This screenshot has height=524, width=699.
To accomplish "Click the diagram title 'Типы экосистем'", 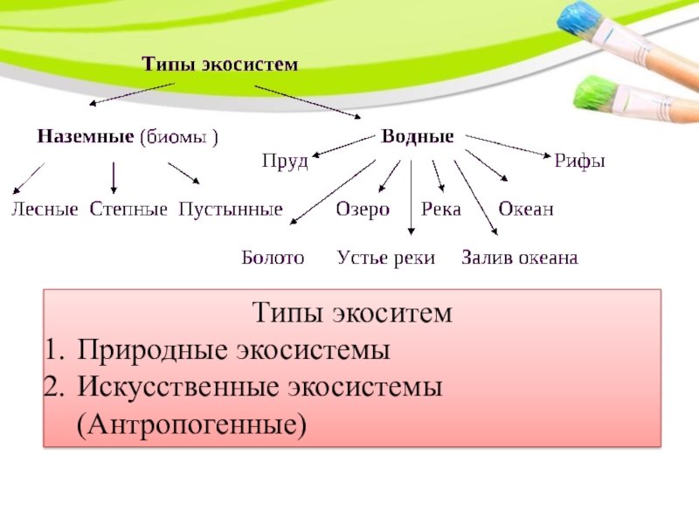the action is click(x=220, y=64).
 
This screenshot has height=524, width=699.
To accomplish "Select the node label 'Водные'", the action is click(x=417, y=137).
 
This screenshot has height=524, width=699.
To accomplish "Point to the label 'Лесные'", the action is click(x=44, y=210).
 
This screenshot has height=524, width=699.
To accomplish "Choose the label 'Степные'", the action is click(x=128, y=210).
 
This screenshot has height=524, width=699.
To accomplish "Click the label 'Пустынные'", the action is click(x=231, y=210).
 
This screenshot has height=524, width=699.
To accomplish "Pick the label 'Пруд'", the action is click(x=286, y=162).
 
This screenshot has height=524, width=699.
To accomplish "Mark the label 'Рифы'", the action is click(x=580, y=162).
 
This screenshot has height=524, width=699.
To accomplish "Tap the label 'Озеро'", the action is click(x=363, y=210).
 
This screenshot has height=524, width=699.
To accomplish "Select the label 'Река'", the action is click(x=441, y=210).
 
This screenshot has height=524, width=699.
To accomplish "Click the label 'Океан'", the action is click(x=526, y=210).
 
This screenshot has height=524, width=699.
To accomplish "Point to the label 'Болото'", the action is click(x=273, y=258).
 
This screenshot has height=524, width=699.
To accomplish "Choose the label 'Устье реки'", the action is click(x=386, y=258).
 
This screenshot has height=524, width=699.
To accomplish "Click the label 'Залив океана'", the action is click(x=520, y=258).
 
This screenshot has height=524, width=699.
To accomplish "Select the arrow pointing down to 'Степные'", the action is click(x=114, y=178).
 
